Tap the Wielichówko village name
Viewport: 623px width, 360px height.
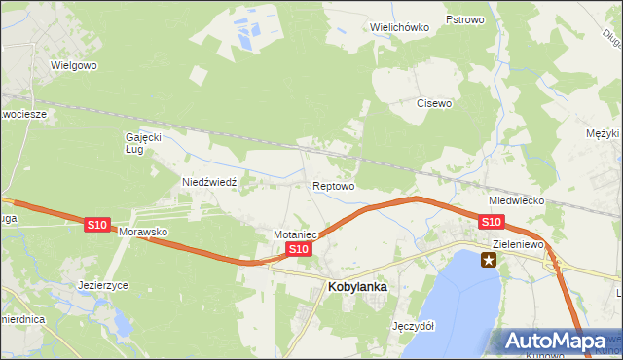click(399, 27)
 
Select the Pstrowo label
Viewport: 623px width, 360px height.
click(465, 19)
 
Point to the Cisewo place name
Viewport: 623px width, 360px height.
click(434, 102)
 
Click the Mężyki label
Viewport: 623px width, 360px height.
click(603, 133)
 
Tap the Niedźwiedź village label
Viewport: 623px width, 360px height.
click(203, 181)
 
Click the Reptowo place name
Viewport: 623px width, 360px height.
click(333, 185)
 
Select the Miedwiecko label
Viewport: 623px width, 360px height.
click(516, 199)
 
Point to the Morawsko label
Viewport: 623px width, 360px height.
click(144, 234)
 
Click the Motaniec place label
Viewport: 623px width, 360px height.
click(297, 234)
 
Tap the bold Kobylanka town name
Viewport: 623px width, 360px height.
click(358, 287)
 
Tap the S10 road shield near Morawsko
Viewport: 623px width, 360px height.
click(95, 225)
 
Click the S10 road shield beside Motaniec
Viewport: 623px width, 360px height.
click(298, 250)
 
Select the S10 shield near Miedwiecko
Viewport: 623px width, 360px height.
click(492, 223)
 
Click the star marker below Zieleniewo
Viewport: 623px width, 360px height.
click(489, 260)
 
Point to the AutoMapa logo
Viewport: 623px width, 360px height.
click(557, 341)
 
